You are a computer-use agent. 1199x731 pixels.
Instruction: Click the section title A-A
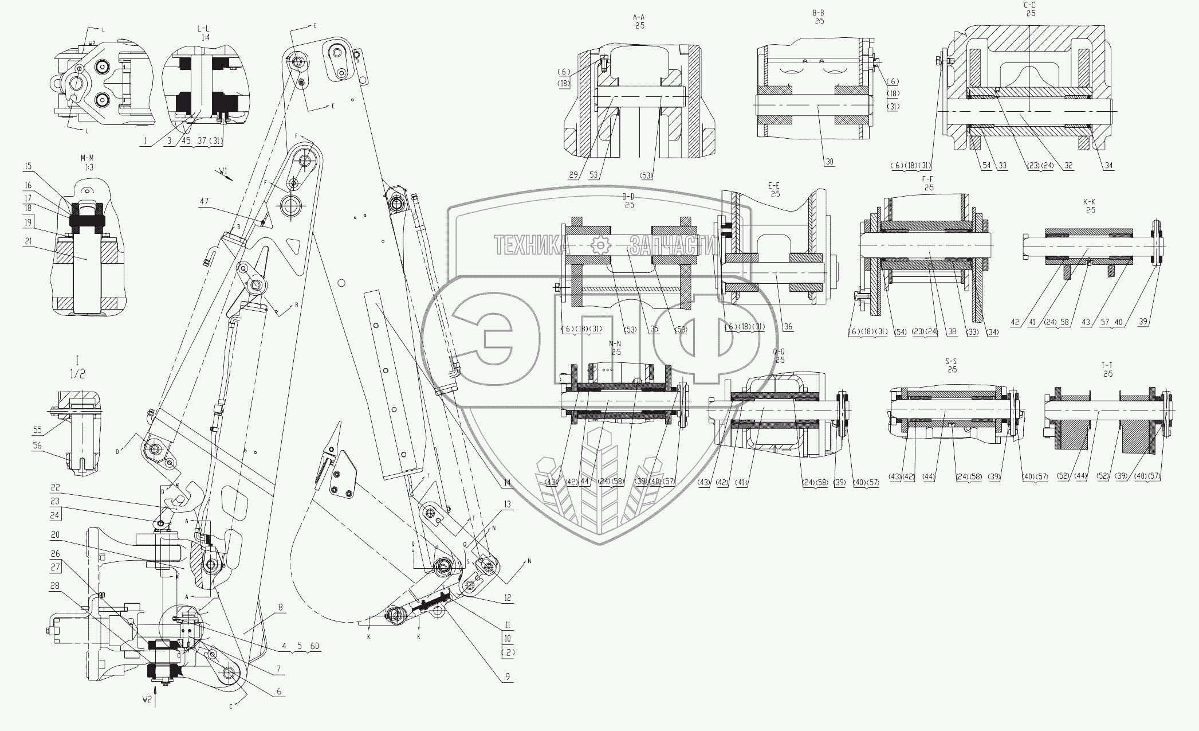click(x=639, y=18)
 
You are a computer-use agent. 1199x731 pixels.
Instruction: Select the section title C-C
click(x=1030, y=5)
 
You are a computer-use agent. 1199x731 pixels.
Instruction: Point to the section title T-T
click(x=1107, y=365)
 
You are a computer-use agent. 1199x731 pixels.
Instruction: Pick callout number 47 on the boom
click(x=205, y=201)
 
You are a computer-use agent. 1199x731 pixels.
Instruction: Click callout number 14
click(x=507, y=483)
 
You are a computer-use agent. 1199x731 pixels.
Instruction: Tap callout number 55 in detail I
click(x=38, y=429)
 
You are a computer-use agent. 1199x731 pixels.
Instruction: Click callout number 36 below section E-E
click(x=788, y=327)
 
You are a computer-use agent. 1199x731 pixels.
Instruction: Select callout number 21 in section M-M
click(x=29, y=242)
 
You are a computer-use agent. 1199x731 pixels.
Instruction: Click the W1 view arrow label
click(x=223, y=171)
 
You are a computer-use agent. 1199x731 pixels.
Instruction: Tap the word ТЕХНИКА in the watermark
click(x=532, y=246)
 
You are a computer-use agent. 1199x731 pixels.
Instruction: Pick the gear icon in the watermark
click(x=600, y=245)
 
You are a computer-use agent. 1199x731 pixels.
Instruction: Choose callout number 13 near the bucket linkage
click(x=507, y=505)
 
